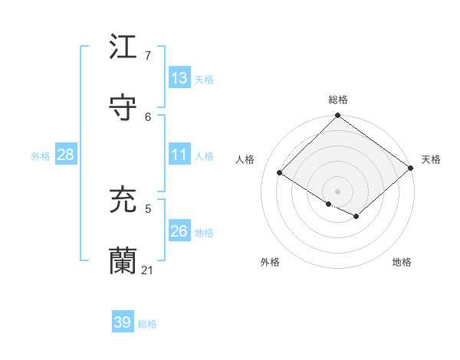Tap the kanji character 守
(123, 107)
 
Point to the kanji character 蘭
(123, 261)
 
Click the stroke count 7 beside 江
(148, 56)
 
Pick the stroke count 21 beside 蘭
(148, 270)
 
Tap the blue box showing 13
(179, 78)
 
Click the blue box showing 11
(179, 155)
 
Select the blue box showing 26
(179, 231)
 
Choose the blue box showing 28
(66, 155)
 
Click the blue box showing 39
(122, 322)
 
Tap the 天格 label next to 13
(203, 80)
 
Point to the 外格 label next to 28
(41, 156)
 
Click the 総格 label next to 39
(147, 324)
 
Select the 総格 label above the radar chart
(338, 100)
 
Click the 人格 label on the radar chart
(245, 159)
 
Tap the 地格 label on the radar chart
(402, 262)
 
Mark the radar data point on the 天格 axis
(411, 167)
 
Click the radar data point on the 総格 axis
(338, 116)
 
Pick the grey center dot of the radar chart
(338, 191)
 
